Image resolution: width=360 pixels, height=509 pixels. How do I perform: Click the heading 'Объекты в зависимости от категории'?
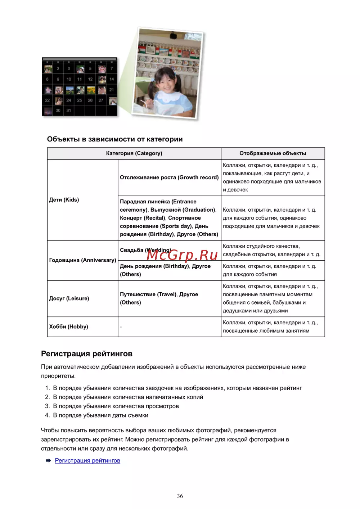114,139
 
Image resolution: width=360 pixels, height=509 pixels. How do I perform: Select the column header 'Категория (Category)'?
134,153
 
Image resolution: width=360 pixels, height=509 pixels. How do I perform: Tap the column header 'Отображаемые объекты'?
273,153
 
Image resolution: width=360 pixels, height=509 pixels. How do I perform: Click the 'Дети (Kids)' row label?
64,200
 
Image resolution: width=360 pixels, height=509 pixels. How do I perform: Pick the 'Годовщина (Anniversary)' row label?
82,260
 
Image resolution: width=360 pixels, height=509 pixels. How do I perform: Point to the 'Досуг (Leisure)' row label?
69,298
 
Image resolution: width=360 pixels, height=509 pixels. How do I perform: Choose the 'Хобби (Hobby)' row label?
68,326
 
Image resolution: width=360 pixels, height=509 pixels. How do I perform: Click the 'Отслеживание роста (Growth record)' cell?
169,177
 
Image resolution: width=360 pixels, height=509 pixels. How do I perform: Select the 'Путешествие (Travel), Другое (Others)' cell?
159,298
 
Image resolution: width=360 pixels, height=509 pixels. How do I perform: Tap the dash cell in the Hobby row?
121,327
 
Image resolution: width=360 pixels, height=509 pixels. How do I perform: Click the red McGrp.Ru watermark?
182,255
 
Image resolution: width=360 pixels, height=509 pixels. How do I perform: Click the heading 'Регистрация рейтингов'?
87,353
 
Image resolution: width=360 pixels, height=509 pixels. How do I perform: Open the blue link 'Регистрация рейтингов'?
87,460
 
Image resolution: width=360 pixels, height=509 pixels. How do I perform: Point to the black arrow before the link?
48,460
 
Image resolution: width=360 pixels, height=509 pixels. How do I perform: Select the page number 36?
180,496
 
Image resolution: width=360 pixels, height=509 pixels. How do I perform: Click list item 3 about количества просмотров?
116,406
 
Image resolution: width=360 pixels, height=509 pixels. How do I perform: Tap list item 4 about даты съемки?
100,415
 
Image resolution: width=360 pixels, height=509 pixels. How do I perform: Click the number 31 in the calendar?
69,111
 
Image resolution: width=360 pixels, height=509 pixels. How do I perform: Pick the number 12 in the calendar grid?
90,79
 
